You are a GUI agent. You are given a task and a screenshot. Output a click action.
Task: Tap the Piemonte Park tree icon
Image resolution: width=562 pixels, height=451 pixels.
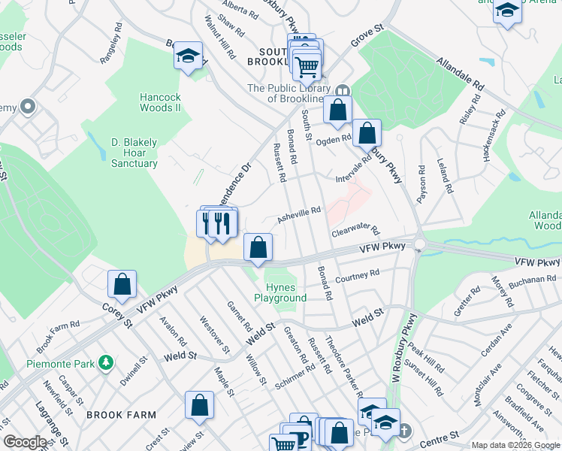(x=107, y=364)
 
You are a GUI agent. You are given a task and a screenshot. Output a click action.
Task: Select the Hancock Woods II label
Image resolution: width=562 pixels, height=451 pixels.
(x=160, y=102)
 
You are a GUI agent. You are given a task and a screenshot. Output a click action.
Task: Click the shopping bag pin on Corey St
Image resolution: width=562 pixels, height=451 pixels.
(x=122, y=285)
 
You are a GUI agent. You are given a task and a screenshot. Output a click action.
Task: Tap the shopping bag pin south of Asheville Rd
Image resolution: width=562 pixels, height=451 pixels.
(x=258, y=247)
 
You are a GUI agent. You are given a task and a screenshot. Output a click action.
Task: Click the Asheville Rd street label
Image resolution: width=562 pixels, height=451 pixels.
(x=300, y=215)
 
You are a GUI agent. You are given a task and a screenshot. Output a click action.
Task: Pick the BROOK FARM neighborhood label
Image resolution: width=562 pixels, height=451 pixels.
(x=121, y=414)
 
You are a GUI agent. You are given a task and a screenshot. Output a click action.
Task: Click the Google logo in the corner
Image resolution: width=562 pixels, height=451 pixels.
(x=25, y=443)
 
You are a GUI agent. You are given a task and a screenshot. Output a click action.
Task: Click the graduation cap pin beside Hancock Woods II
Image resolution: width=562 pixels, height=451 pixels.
(x=188, y=56)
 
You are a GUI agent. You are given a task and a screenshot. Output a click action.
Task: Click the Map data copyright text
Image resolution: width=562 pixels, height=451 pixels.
(x=515, y=445)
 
